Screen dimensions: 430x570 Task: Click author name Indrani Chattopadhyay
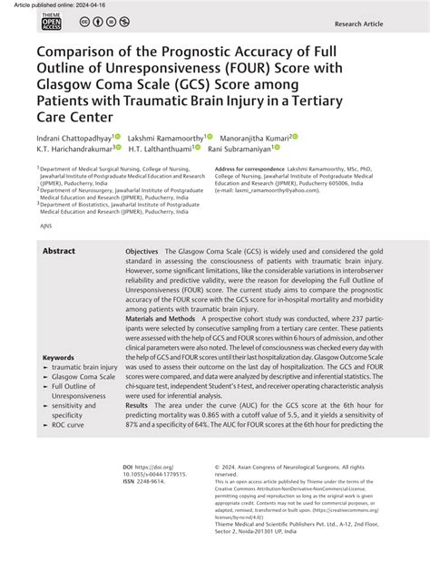(73, 136)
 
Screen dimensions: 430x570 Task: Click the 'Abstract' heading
(60, 251)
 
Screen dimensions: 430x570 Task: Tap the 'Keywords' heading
(58, 358)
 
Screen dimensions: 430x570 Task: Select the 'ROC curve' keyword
(68, 424)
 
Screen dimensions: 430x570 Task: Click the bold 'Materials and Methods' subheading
(160, 320)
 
